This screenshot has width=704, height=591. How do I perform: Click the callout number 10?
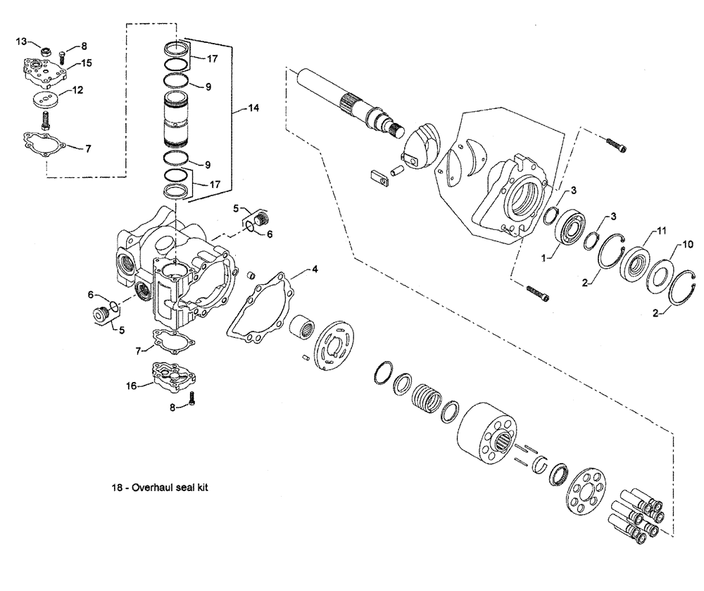tap(689, 243)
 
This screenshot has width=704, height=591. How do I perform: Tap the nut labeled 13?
tap(44, 51)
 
